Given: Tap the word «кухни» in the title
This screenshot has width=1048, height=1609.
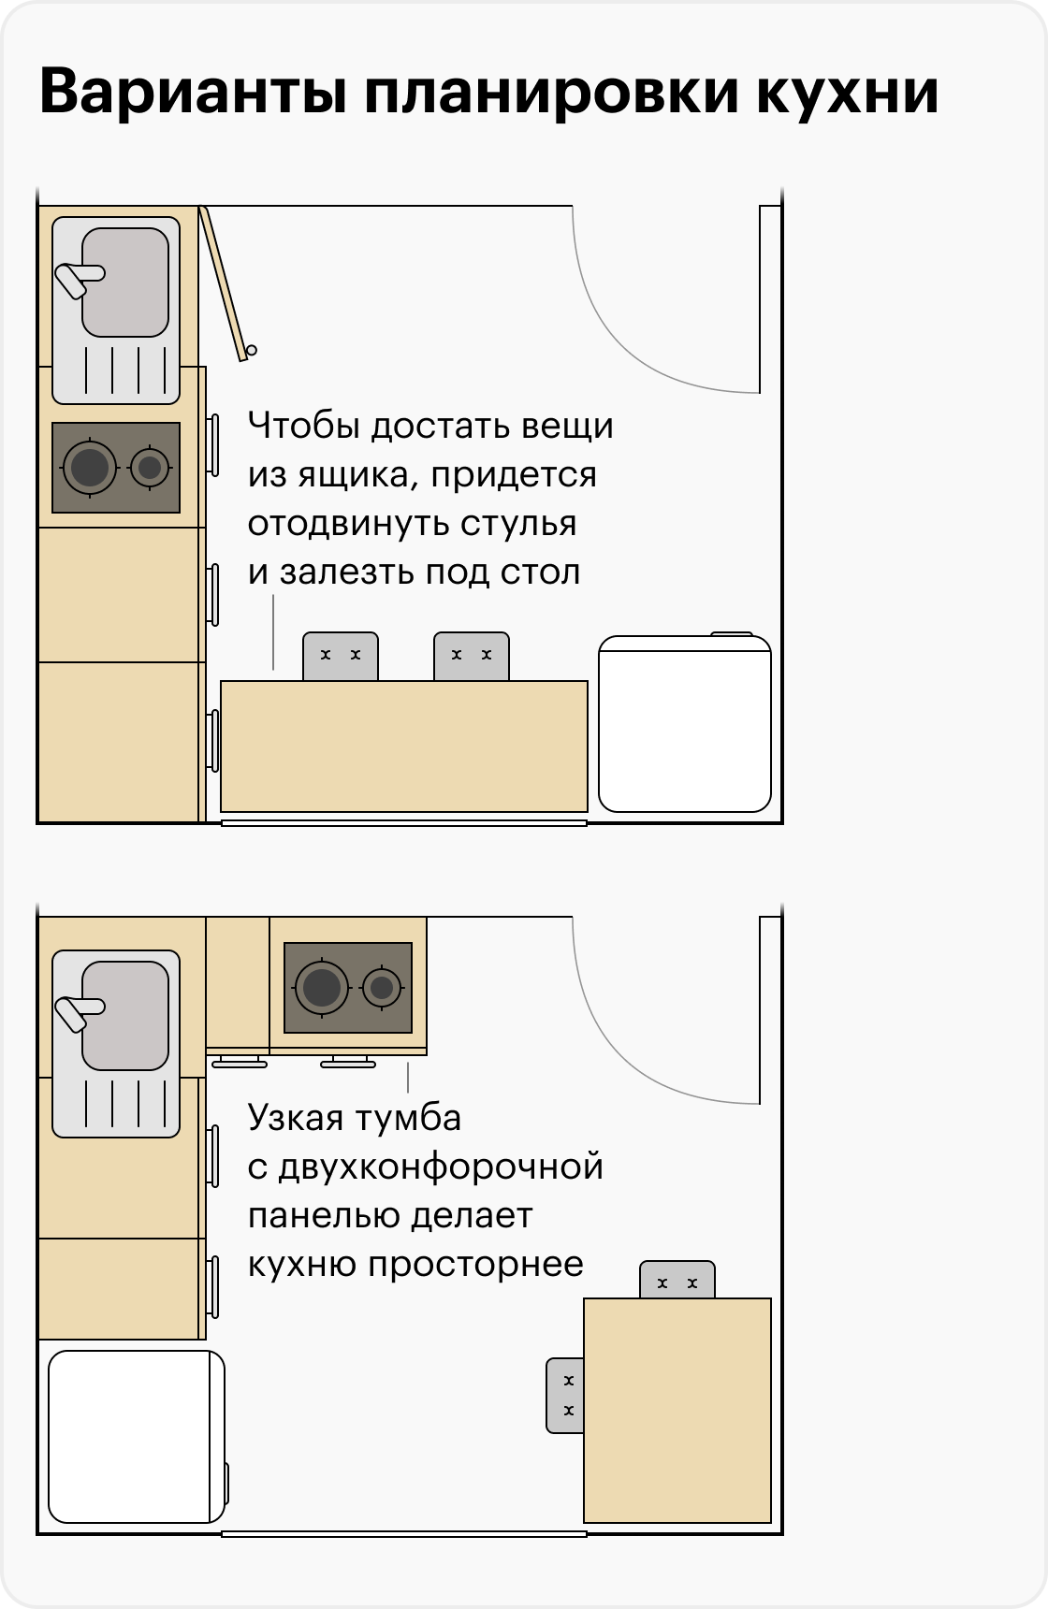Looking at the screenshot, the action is (x=847, y=94).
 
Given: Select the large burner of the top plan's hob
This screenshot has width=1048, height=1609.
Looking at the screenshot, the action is (x=90, y=467).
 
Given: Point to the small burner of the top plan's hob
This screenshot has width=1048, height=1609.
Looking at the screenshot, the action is (x=150, y=467).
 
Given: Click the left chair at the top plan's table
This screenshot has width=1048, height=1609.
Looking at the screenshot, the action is (x=341, y=657).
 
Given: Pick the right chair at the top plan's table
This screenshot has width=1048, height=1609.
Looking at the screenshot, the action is (x=472, y=657).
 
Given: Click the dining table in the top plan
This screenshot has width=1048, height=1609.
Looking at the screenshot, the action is (x=404, y=747).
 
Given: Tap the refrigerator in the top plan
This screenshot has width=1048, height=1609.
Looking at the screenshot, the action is (x=685, y=723).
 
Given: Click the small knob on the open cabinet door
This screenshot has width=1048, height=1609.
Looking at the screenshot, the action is (x=252, y=351).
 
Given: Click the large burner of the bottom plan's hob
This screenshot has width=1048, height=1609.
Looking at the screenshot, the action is (x=322, y=987).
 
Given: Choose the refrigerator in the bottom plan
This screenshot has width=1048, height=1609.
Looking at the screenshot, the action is (x=138, y=1437).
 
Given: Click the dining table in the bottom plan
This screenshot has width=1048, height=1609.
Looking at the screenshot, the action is (x=677, y=1411).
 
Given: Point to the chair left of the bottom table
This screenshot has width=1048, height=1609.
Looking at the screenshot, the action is (x=565, y=1396).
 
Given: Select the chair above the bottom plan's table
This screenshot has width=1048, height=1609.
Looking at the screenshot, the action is (x=677, y=1280).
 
